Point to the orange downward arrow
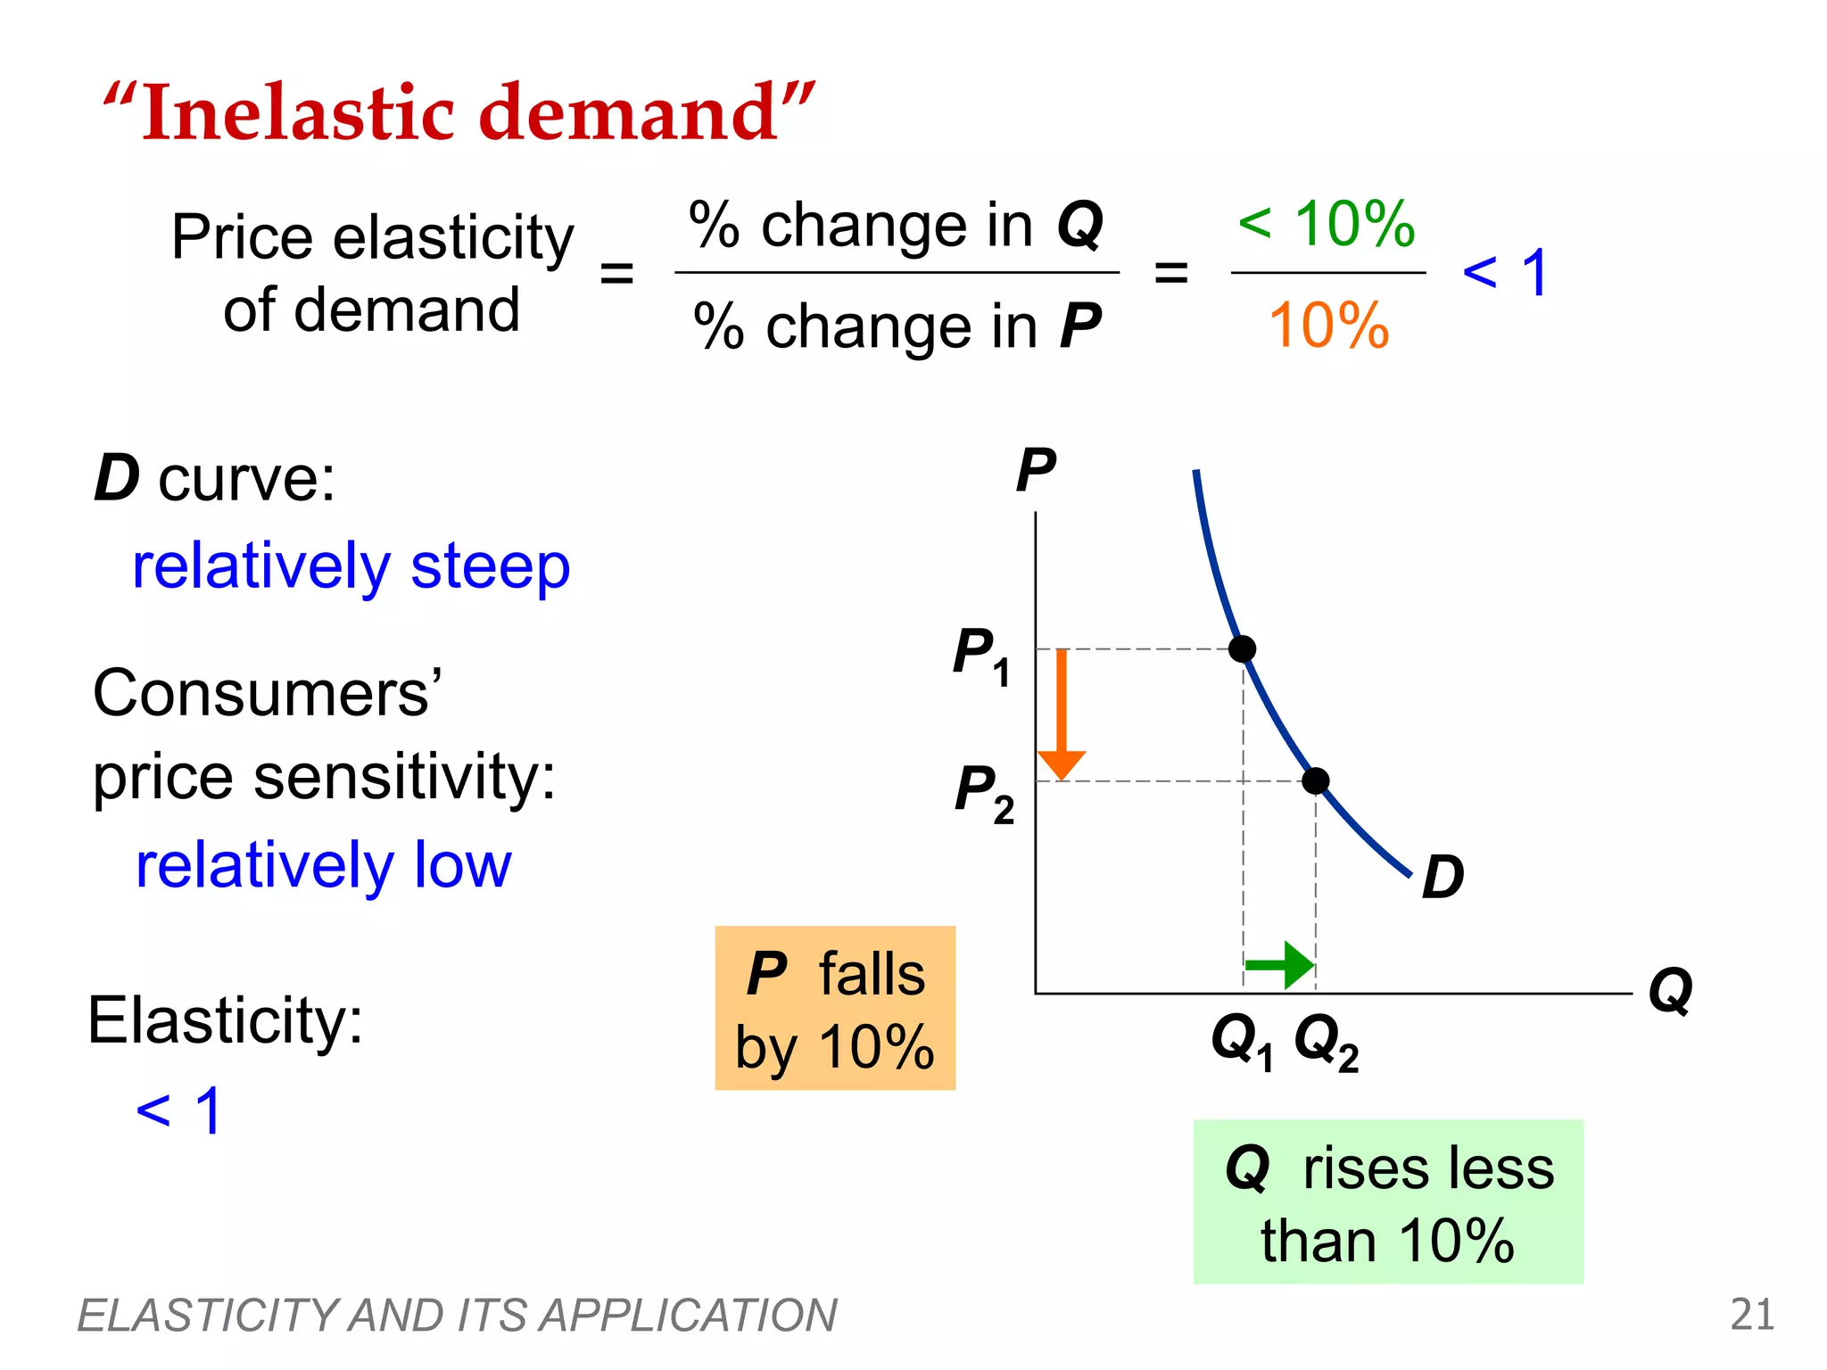tap(1062, 714)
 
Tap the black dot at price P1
tap(1242, 648)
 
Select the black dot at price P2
tap(1315, 781)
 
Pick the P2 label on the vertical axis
tap(984, 793)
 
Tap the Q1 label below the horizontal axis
tap(1241, 1043)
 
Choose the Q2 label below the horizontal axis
tap(1326, 1043)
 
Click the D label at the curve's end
tap(1443, 877)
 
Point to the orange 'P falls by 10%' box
tap(835, 1008)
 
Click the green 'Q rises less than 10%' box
tap(1388, 1201)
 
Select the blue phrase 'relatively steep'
tap(351, 567)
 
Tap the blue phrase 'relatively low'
tap(323, 865)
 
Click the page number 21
tap(1752, 1315)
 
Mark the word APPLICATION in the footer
tap(688, 1316)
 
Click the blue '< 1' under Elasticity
tap(178, 1111)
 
